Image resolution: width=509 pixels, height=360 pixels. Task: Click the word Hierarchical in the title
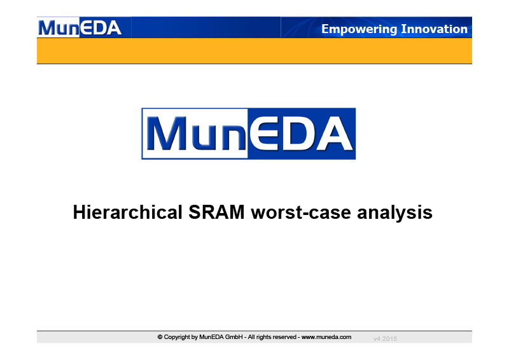tap(128, 212)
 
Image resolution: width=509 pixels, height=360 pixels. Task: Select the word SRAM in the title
tap(216, 212)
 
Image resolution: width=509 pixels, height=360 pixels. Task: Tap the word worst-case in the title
tap(300, 213)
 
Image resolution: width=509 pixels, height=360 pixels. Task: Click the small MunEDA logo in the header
tap(80, 27)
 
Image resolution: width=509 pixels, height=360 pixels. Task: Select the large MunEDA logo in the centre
tap(249, 134)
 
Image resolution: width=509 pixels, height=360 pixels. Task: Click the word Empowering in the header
tap(359, 29)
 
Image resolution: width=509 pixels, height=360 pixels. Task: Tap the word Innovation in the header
tap(435, 29)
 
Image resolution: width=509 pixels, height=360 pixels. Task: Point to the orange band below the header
tap(254, 51)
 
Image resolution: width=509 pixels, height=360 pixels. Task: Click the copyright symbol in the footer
tap(160, 337)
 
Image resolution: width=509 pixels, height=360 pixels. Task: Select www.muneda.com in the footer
tap(326, 337)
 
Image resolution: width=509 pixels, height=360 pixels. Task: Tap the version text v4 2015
tap(385, 339)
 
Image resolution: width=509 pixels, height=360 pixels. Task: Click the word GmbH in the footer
tap(234, 337)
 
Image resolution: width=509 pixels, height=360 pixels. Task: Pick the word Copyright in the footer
tap(178, 337)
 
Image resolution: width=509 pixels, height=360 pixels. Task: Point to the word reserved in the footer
tap(284, 337)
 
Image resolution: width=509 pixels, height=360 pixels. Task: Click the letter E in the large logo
tap(265, 134)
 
